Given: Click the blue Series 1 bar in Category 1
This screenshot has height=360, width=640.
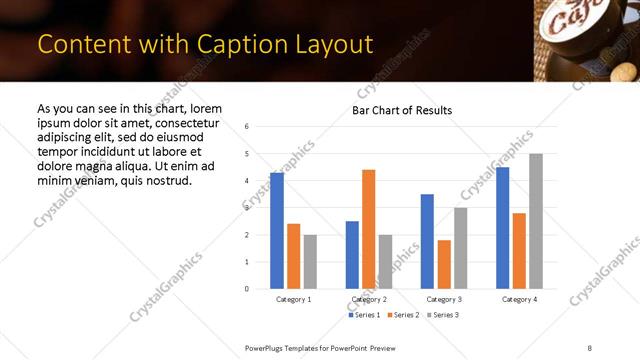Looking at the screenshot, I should point(277,231).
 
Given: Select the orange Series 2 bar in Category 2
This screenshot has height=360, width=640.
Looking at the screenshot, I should point(368,229).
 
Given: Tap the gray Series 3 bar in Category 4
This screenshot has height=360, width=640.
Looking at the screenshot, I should point(536,221).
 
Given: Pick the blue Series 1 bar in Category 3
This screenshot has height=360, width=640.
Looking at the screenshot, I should point(427,241).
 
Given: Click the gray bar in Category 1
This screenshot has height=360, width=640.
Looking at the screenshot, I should point(310,261).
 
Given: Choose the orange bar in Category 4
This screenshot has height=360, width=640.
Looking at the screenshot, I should point(519,250).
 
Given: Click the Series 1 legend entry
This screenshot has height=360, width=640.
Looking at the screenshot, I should point(365,316).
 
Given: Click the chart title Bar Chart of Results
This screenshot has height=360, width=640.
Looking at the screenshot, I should point(402,110).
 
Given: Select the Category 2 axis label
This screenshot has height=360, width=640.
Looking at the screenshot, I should point(369,299).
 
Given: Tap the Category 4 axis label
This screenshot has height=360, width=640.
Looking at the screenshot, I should point(519,299).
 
